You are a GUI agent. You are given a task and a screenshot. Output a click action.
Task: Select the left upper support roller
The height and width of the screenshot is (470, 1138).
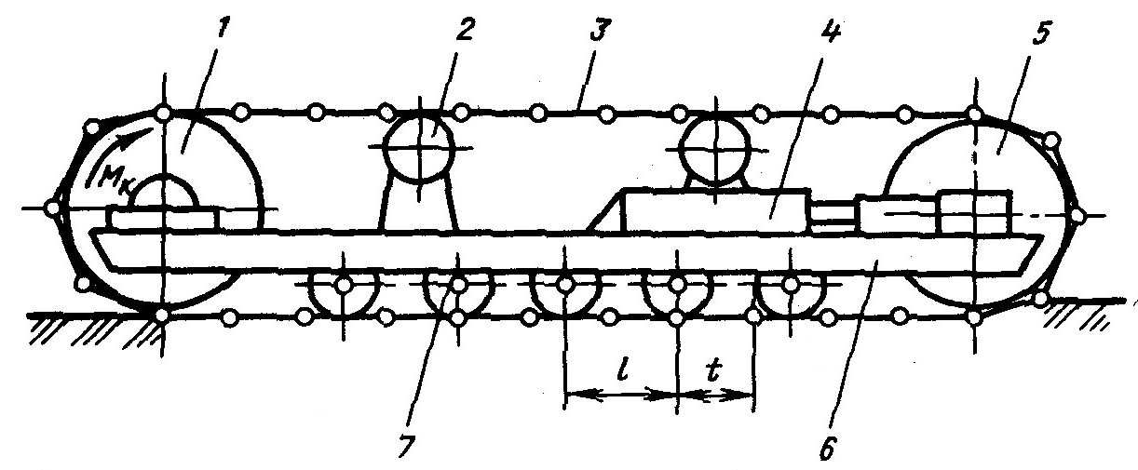419,147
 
